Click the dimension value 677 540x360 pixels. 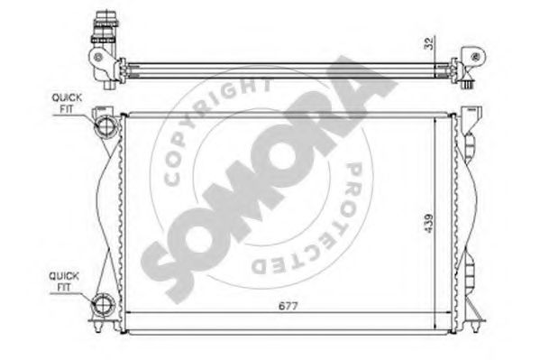(x=288, y=306)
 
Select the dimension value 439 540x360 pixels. (x=428, y=224)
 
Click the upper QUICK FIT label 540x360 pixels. (x=67, y=103)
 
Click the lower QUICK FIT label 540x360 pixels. (x=64, y=282)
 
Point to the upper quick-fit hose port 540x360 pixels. (x=105, y=125)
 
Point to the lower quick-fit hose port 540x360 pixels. (x=104, y=304)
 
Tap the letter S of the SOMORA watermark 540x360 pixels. (x=165, y=272)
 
